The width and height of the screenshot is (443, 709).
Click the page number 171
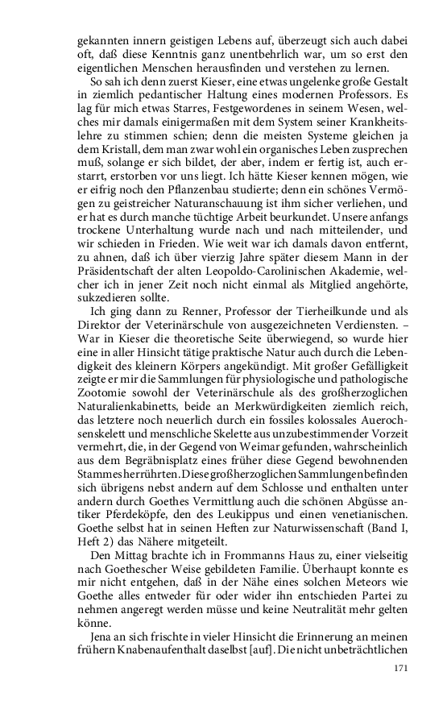(401, 668)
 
